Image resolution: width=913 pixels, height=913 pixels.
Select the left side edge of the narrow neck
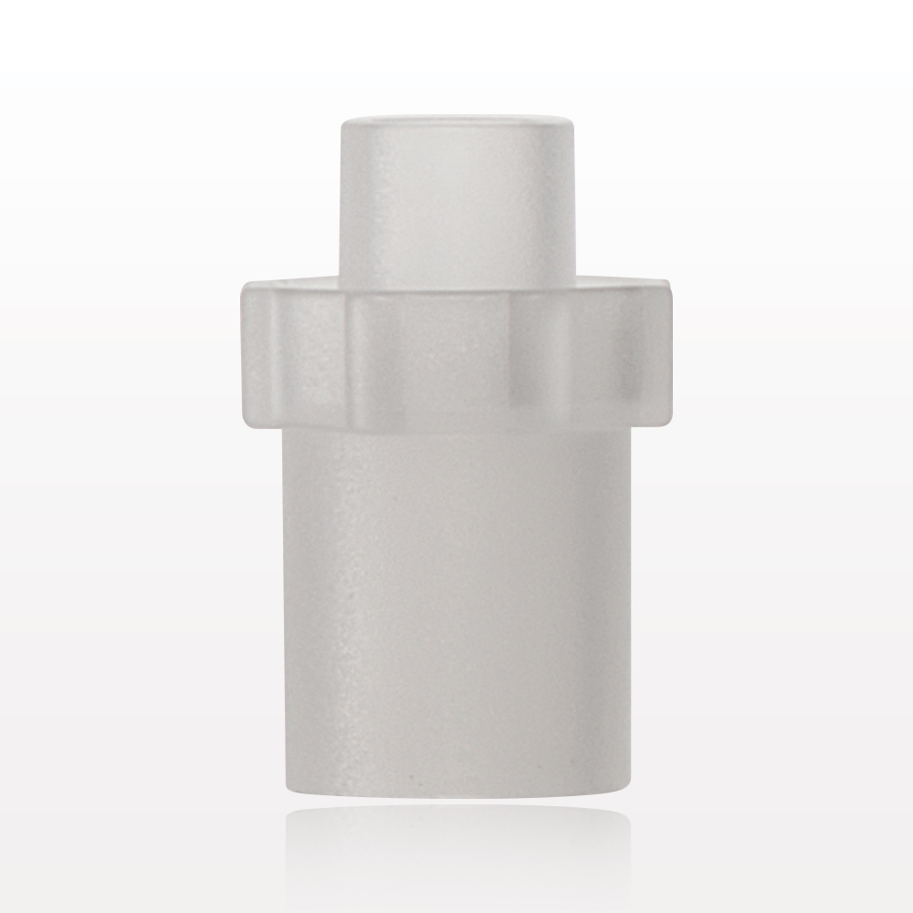342,201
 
